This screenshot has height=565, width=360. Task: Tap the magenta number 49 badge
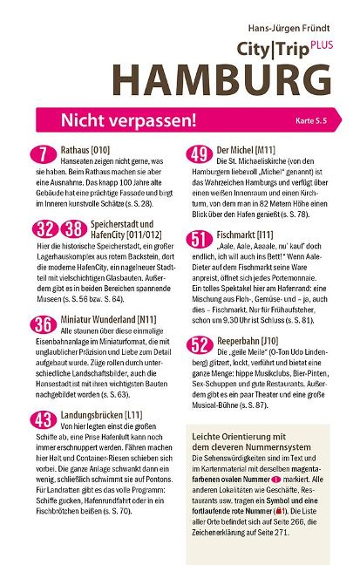200,155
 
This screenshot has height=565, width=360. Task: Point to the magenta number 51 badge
200,238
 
